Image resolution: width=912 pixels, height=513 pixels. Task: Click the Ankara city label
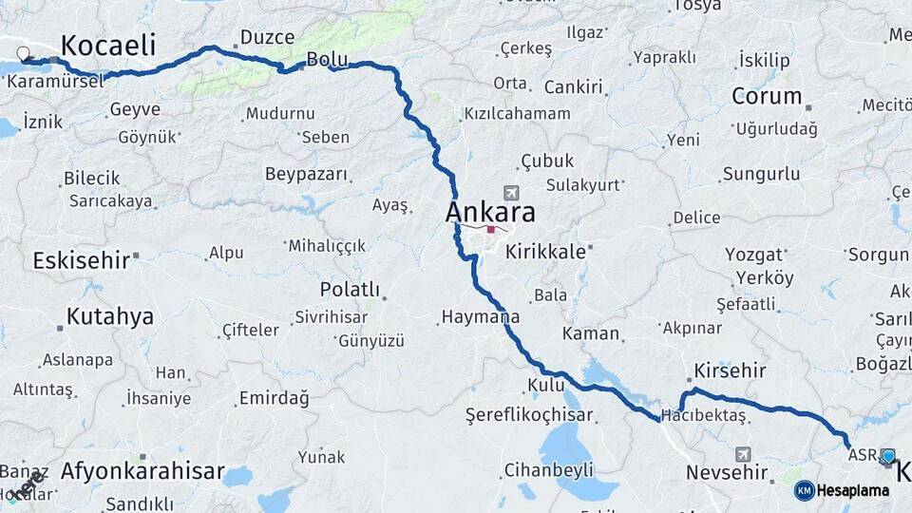pyautogui.click(x=490, y=212)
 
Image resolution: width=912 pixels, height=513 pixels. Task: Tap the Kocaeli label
pyautogui.click(x=107, y=45)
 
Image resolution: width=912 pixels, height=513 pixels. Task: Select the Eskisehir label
pyautogui.click(x=80, y=260)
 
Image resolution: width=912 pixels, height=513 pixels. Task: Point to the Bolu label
pyautogui.click(x=327, y=60)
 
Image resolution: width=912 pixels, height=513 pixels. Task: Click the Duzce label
pyautogui.click(x=267, y=37)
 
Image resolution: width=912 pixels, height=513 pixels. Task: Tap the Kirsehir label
pyautogui.click(x=730, y=370)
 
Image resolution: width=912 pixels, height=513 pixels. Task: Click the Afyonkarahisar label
pyautogui.click(x=142, y=470)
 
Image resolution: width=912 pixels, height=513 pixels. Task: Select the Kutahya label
pyautogui.click(x=109, y=316)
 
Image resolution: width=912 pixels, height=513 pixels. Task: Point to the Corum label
pyautogui.click(x=767, y=96)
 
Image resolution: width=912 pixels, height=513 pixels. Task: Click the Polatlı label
pyautogui.click(x=350, y=290)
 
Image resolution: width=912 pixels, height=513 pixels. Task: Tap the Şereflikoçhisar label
pyautogui.click(x=529, y=415)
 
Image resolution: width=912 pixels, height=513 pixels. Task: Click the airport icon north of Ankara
pyautogui.click(x=513, y=193)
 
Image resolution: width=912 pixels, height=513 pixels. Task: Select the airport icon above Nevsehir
pyautogui.click(x=742, y=453)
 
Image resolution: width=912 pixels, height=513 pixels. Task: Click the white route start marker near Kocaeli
pyautogui.click(x=23, y=54)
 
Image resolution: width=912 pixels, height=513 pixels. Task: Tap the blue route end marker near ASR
pyautogui.click(x=887, y=457)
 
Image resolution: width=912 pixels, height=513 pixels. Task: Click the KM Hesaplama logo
pyautogui.click(x=842, y=490)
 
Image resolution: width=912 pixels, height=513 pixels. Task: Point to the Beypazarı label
pyautogui.click(x=308, y=175)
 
